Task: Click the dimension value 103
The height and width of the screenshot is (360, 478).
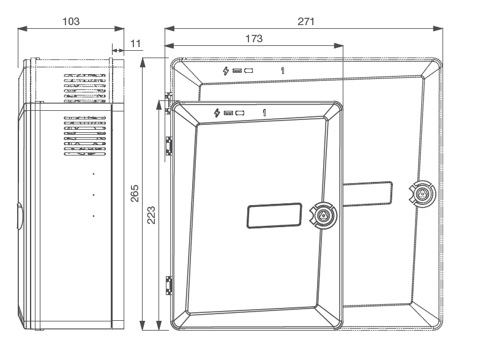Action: [x=71, y=21]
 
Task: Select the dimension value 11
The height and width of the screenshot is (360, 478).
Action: [x=136, y=43]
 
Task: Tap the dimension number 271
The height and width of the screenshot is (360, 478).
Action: [x=305, y=21]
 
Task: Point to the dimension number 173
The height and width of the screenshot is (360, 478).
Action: [x=253, y=38]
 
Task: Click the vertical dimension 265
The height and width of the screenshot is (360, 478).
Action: [x=136, y=195]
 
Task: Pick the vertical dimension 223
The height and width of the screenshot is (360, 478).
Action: [x=152, y=215]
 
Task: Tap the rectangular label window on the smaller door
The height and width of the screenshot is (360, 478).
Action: [x=275, y=216]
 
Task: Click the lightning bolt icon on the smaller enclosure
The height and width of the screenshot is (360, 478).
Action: [x=217, y=113]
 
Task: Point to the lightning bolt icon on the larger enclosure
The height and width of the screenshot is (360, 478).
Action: [x=226, y=70]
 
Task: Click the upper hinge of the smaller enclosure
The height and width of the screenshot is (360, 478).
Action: [x=168, y=145]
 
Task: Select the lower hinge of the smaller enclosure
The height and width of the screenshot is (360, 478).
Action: [x=169, y=285]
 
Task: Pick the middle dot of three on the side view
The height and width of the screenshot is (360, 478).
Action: [x=94, y=195]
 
